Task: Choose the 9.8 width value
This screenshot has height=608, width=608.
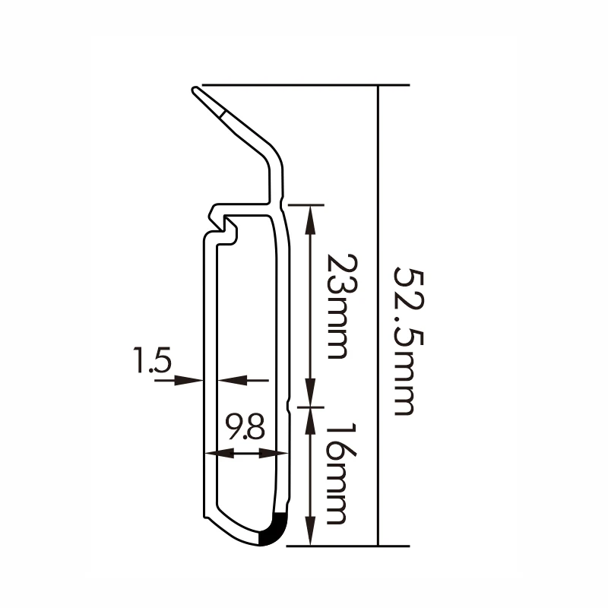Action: pyautogui.click(x=245, y=429)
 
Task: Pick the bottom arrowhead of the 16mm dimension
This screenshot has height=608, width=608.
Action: pyautogui.click(x=311, y=535)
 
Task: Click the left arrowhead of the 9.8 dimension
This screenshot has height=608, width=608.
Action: pyautogui.click(x=215, y=454)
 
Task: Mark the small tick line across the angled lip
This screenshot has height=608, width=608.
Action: pyautogui.click(x=223, y=114)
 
